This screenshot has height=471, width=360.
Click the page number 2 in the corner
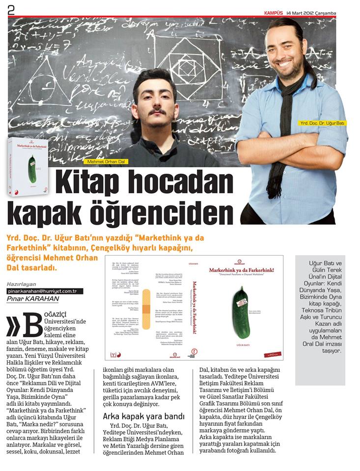[11, 10]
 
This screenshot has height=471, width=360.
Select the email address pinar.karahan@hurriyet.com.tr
[45, 291]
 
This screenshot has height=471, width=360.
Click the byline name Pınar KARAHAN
[33, 299]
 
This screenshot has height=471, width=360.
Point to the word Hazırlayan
[22, 284]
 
